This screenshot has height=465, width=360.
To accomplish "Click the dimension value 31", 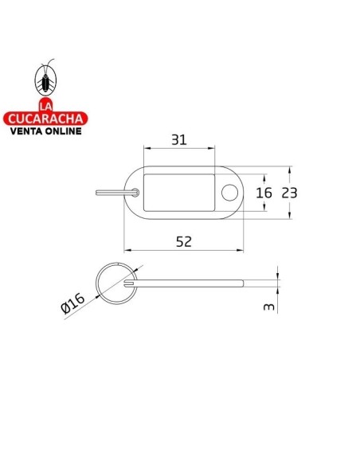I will tap(178, 140).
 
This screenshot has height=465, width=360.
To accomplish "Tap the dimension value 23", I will tap(289, 193).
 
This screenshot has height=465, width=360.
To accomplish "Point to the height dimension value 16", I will tap(264, 193).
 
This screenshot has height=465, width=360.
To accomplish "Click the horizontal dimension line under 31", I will tap(178, 148).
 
